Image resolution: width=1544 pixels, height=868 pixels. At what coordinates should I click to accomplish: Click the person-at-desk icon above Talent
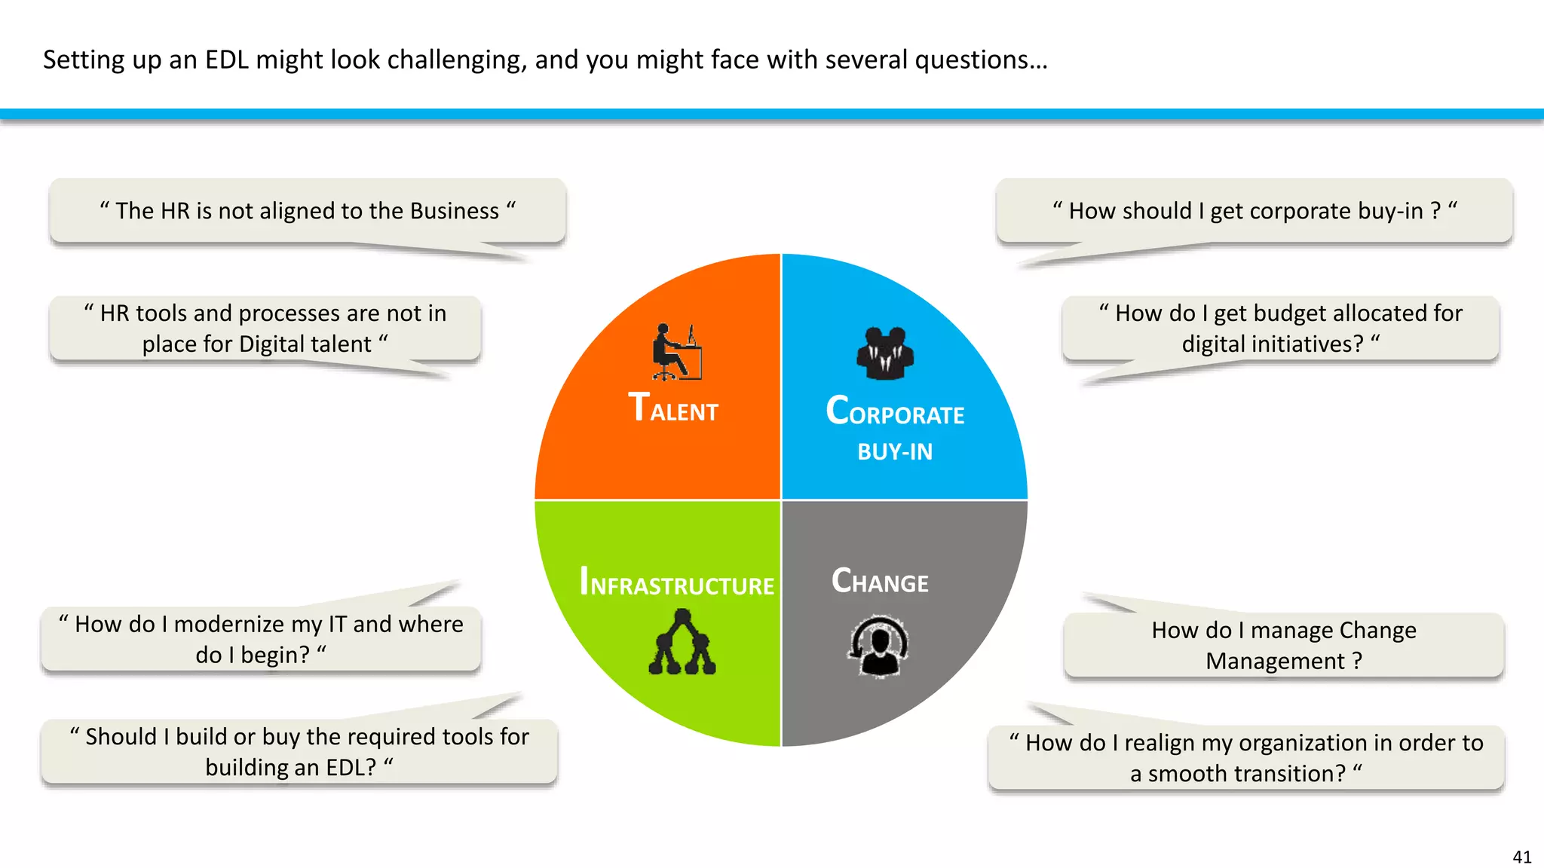click(676, 352)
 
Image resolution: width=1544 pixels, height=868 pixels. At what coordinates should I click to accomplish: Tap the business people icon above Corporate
click(884, 353)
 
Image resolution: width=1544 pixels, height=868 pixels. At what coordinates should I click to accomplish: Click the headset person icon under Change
click(878, 646)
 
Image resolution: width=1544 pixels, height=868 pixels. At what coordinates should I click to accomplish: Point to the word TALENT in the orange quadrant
click(673, 408)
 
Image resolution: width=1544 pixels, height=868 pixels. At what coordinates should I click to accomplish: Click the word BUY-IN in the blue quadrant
click(895, 451)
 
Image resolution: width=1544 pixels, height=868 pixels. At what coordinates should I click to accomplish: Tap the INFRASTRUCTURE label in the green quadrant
click(676, 582)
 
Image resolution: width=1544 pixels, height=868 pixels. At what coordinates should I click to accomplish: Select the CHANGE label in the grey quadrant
click(880, 581)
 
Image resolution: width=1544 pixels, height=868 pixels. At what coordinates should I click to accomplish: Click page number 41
click(1521, 857)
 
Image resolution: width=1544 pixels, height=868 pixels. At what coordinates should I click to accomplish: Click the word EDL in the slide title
click(226, 60)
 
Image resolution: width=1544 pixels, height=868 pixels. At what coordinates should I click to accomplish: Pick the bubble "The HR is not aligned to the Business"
click(308, 211)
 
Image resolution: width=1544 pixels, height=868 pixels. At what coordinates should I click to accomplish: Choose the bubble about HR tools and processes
click(265, 329)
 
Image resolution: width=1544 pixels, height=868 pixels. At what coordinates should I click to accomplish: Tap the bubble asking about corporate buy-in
click(1254, 211)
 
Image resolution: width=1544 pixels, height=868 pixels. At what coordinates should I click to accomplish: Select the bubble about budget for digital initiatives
click(1280, 329)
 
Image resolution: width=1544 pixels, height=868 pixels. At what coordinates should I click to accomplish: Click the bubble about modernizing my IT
click(262, 639)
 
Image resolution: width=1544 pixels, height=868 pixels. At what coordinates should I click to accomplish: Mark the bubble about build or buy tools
click(299, 751)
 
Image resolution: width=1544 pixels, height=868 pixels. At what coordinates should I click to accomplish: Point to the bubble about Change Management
click(1283, 645)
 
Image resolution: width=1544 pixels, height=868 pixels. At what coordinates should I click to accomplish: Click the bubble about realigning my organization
click(1245, 757)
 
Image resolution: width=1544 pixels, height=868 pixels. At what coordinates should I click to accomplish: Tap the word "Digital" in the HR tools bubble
click(274, 344)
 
